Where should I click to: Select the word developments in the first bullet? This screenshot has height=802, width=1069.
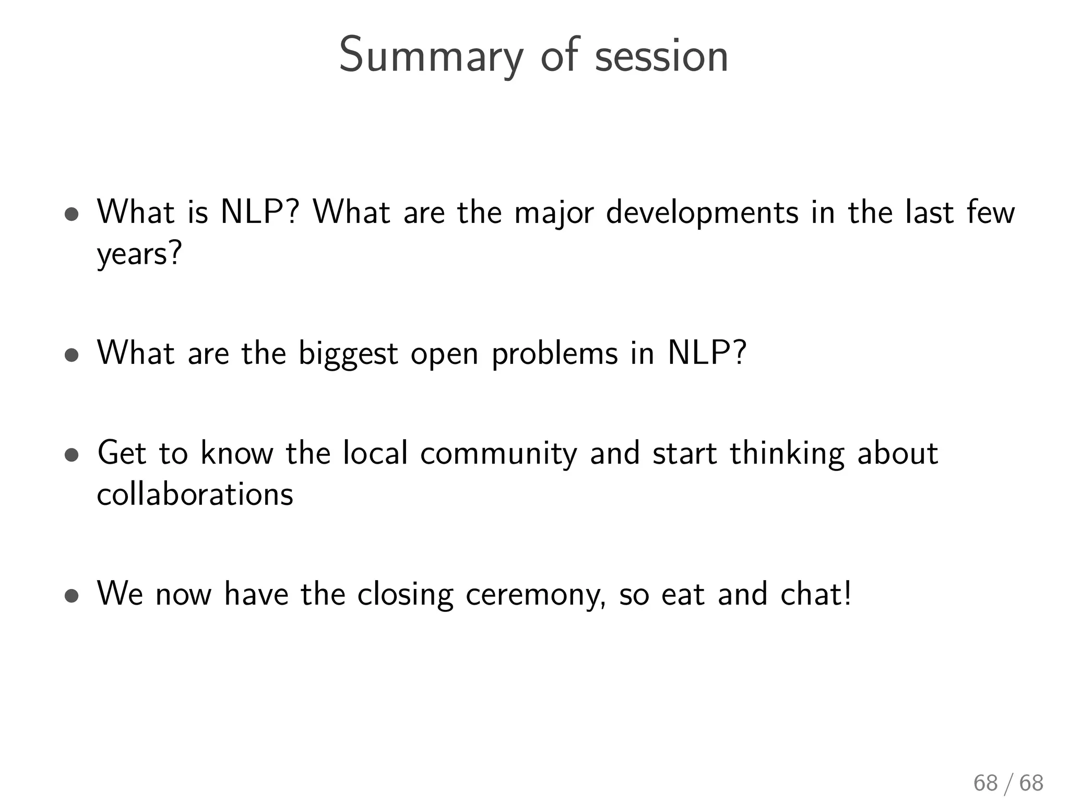coord(702,213)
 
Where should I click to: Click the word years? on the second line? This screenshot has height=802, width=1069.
coord(139,255)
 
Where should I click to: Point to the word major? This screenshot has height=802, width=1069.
coord(554,213)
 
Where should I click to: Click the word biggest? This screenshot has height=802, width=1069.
coord(348,354)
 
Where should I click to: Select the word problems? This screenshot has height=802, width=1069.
coord(555,354)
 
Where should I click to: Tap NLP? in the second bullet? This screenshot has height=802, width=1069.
coord(707,353)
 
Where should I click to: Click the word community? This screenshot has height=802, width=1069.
coord(498,453)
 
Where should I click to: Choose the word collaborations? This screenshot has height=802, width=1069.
coord(195,494)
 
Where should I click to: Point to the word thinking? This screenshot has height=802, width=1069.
coord(787,453)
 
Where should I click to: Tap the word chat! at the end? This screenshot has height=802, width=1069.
coord(816,594)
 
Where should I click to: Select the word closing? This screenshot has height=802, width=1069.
coord(405,595)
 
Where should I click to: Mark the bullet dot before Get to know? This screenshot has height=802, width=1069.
coord(72,455)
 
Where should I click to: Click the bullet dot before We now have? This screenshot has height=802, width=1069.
coord(72,596)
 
